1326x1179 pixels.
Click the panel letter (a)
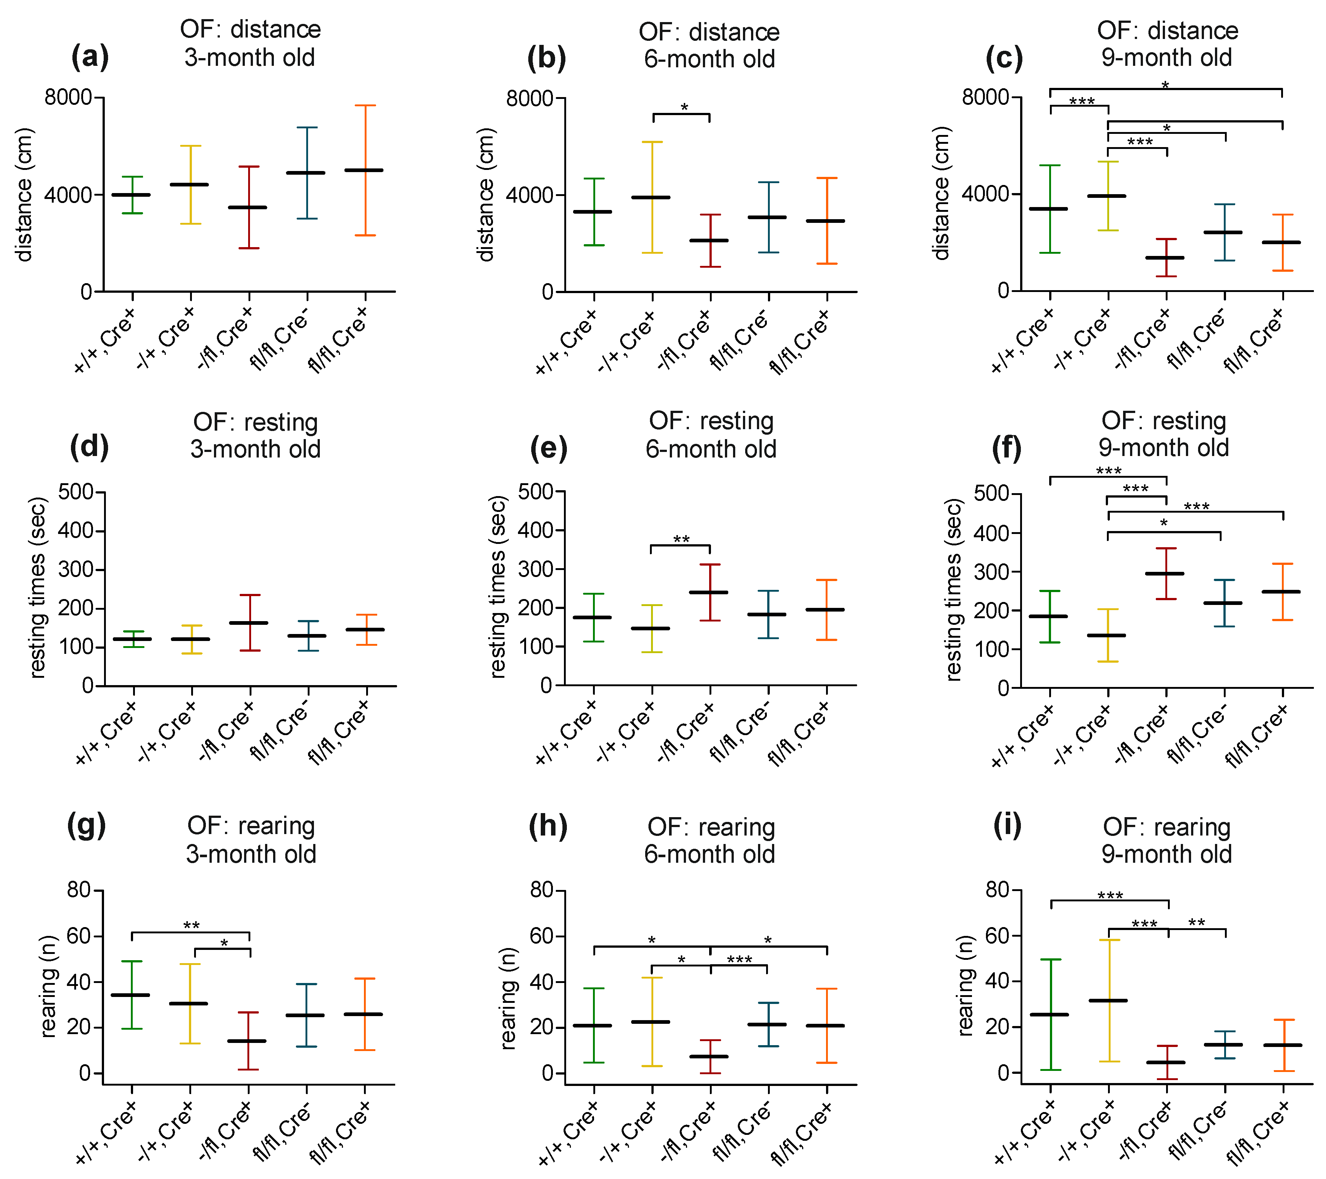pyautogui.click(x=90, y=57)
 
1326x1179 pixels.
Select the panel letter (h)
pyautogui.click(x=548, y=826)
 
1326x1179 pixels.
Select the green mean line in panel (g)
pyautogui.click(x=132, y=995)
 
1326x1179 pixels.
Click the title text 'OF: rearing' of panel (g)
pyautogui.click(x=251, y=826)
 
